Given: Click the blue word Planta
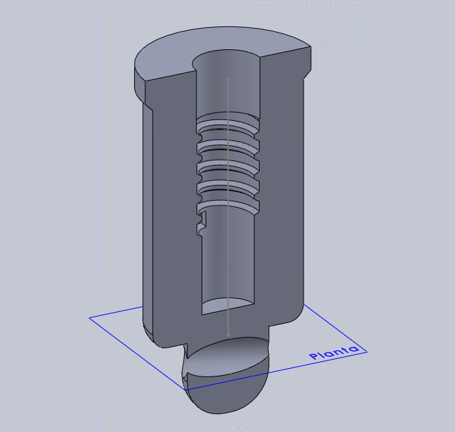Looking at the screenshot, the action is tap(333, 352).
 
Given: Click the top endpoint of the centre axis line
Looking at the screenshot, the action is tap(229, 78).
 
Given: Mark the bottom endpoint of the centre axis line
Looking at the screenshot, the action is tap(229, 335).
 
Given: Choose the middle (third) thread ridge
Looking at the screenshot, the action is tap(228, 166).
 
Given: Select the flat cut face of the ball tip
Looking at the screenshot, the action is tap(228, 357).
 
